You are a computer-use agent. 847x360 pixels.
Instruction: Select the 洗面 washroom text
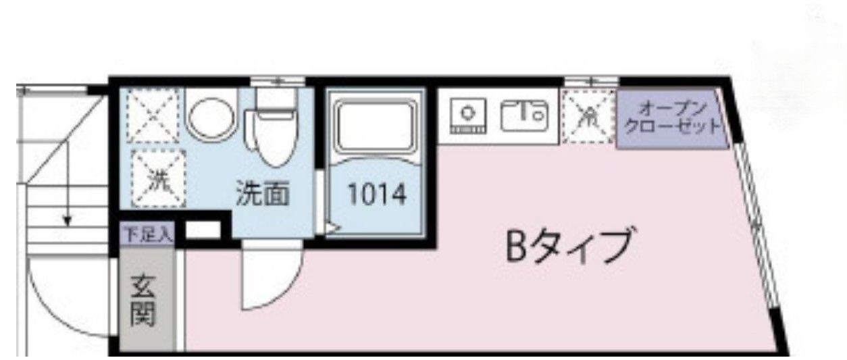point(263,195)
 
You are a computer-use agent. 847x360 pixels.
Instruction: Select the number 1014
point(376,195)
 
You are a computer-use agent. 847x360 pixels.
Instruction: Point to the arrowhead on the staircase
point(66,220)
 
